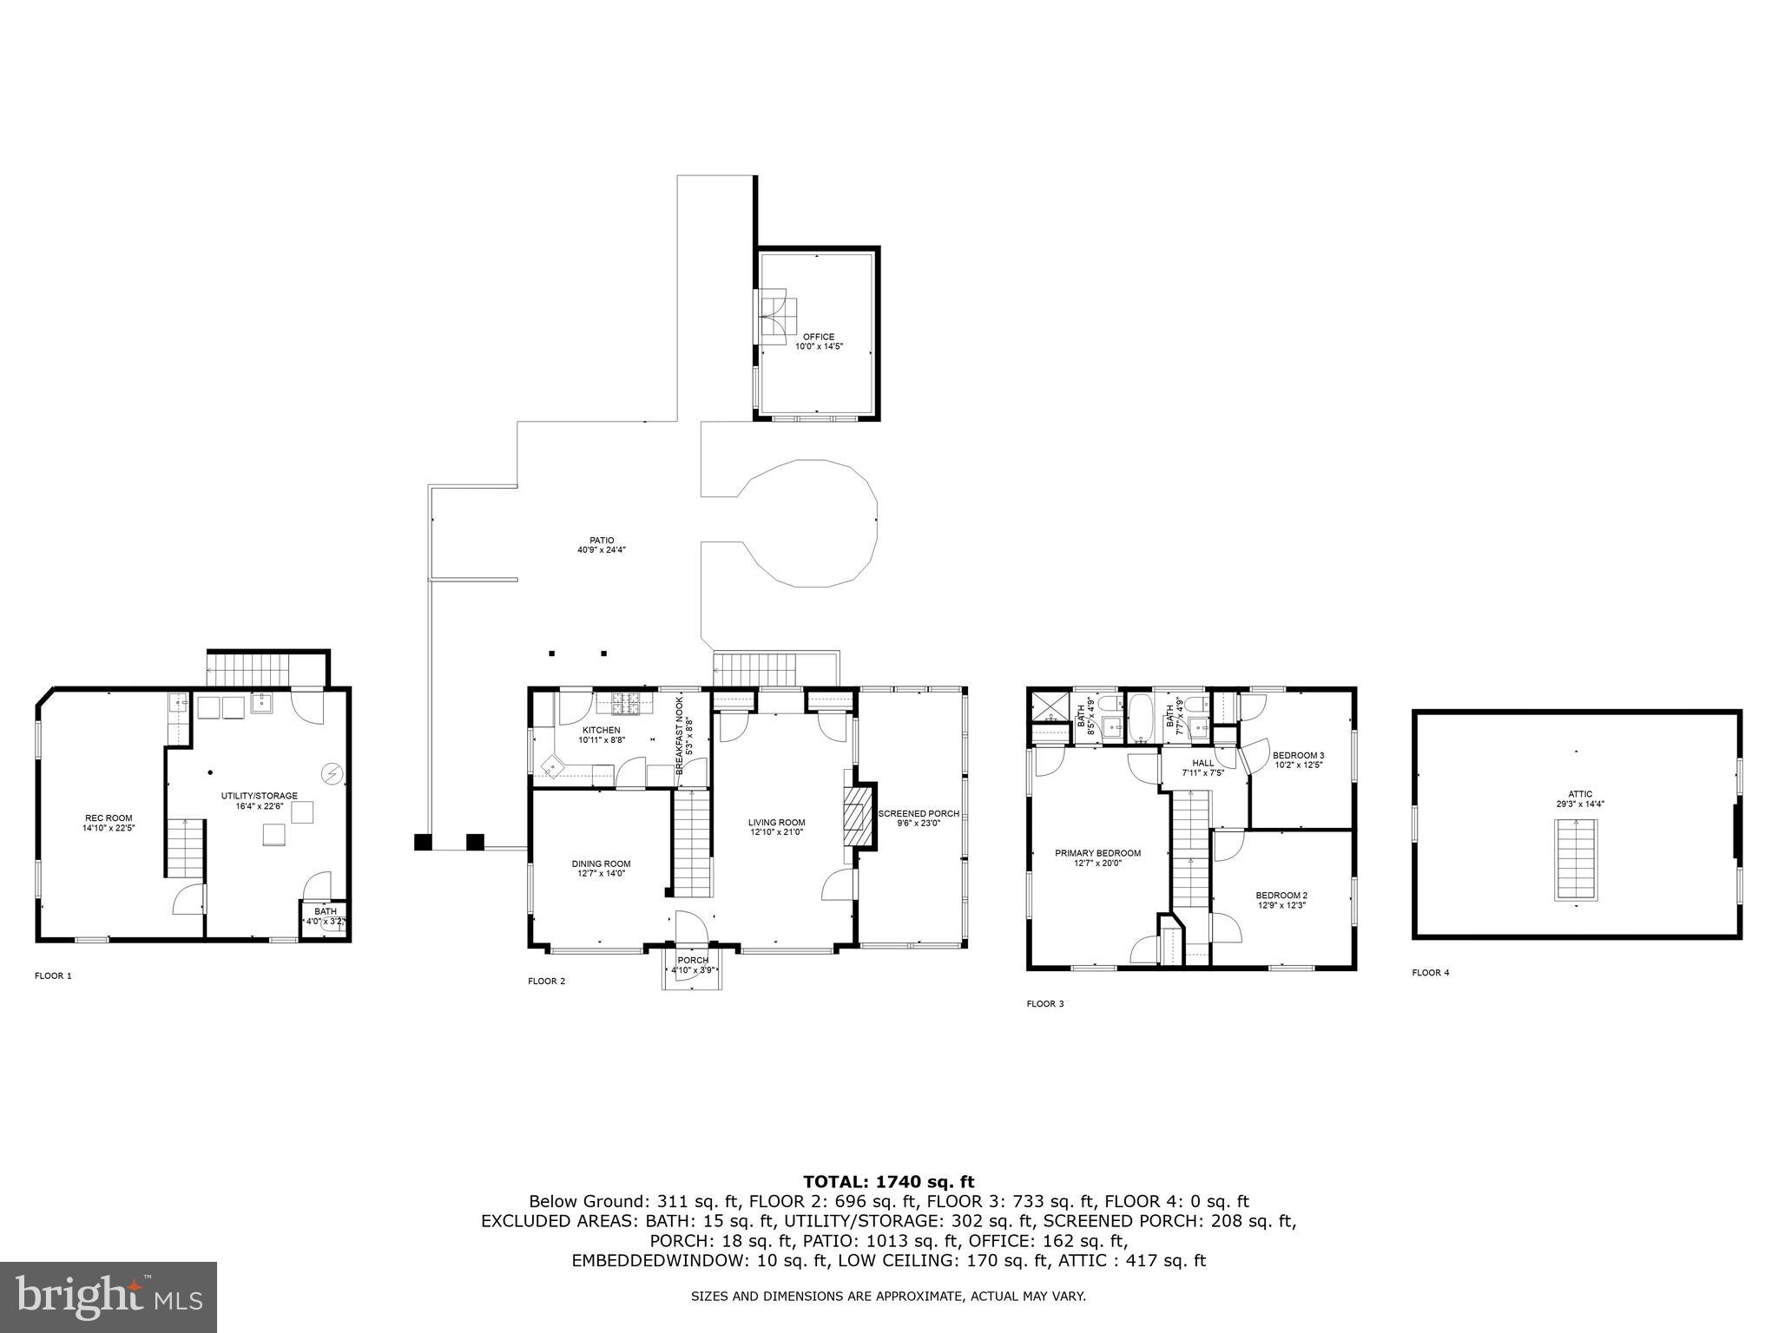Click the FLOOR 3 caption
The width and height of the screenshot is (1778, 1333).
click(x=1044, y=1004)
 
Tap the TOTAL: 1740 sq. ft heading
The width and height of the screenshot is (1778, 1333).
click(x=888, y=1181)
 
